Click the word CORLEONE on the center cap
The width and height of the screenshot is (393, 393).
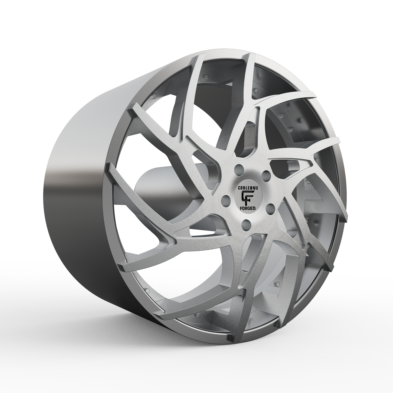click(x=246, y=187)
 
